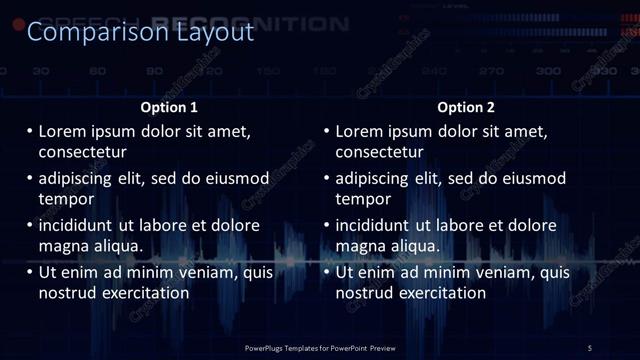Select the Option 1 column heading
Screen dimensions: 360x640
point(170,107)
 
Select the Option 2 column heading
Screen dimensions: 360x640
point(467,107)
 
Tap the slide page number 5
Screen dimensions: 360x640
point(590,347)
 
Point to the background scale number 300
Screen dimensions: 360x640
point(548,71)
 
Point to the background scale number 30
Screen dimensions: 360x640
point(41,71)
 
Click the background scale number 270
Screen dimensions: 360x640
point(491,71)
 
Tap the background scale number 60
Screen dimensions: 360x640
point(98,71)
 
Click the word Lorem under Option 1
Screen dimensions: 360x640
point(63,131)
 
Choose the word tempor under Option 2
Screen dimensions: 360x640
point(363,199)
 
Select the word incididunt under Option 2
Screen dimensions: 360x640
point(372,225)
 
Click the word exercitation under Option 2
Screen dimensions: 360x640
point(437,293)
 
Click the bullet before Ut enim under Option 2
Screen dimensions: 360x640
point(326,272)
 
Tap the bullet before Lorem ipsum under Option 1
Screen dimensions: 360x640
point(29,131)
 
